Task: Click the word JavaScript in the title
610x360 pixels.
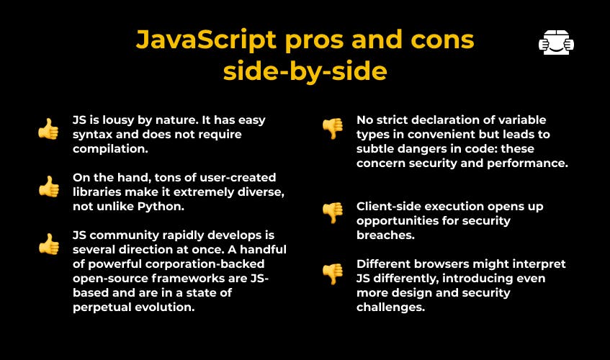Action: [206, 40]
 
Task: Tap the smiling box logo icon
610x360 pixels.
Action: [556, 42]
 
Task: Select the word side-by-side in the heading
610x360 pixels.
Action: [305, 72]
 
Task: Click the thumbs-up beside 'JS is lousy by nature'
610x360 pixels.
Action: [49, 129]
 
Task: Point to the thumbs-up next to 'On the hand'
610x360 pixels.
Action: [49, 186]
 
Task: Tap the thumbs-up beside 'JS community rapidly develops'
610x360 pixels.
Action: [49, 244]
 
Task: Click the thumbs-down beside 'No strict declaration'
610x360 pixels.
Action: [333, 129]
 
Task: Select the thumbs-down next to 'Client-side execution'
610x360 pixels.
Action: [333, 213]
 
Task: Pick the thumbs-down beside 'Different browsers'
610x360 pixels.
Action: [333, 274]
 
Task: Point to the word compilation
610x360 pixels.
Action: [110, 149]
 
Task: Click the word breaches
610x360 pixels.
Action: [385, 235]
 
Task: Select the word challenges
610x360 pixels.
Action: [390, 307]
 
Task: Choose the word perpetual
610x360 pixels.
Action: [102, 307]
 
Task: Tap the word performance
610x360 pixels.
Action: [527, 163]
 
